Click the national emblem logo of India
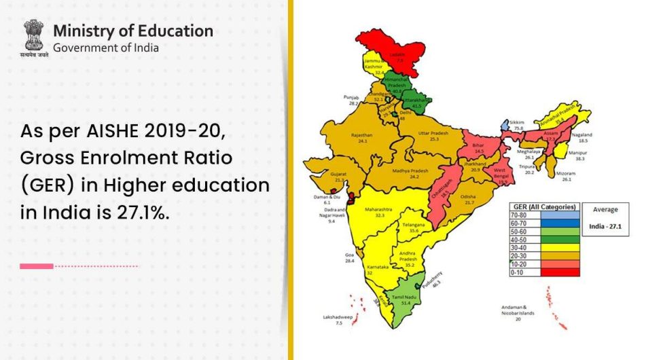click(x=33, y=38)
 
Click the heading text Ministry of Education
click(x=132, y=31)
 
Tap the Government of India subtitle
click(x=106, y=48)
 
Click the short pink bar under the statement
click(x=37, y=266)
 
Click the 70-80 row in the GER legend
click(x=543, y=214)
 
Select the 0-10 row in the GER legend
click(x=543, y=271)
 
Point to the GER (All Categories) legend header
click(x=544, y=206)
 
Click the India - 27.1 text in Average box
click(x=605, y=226)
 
